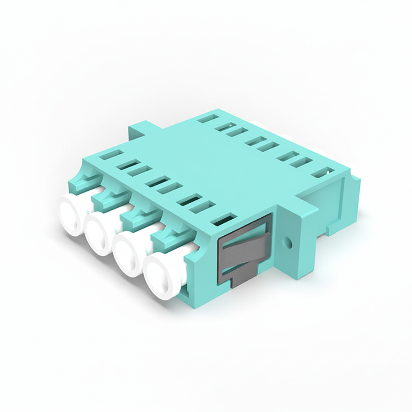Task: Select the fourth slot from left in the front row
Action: tap(157, 182)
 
